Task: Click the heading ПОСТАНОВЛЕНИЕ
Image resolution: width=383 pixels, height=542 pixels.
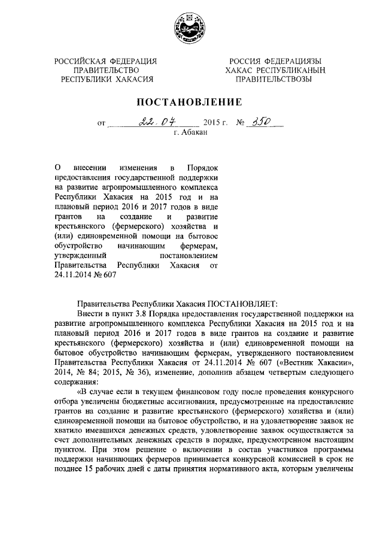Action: [191, 102]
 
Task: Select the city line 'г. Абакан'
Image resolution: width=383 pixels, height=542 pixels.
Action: [190, 132]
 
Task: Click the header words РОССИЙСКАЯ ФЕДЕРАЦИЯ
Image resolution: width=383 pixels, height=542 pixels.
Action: [105, 62]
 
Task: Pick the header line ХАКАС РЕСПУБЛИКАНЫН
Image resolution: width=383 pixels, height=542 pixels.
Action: [274, 70]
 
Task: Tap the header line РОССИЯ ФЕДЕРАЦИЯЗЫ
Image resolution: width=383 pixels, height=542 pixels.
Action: [274, 62]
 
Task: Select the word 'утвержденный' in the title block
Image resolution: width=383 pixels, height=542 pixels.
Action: [78, 256]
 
